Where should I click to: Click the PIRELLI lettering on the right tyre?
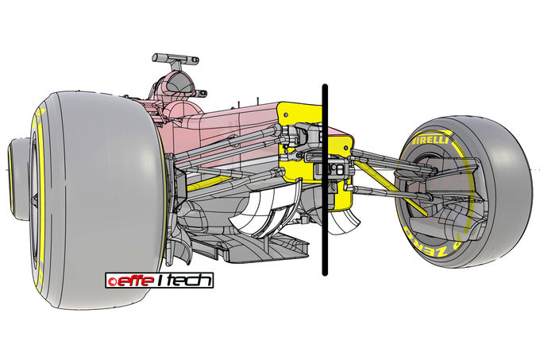pyautogui.click(x=431, y=140)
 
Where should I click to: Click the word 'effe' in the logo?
pyautogui.click(x=135, y=281)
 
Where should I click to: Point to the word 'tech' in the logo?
pyautogui.click(x=191, y=281)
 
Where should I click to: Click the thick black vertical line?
pyautogui.click(x=325, y=180)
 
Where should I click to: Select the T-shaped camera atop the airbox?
pyautogui.click(x=175, y=61)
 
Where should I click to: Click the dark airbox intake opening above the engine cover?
pyautogui.click(x=179, y=83)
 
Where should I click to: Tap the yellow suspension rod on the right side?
pyautogui.click(x=391, y=188)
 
